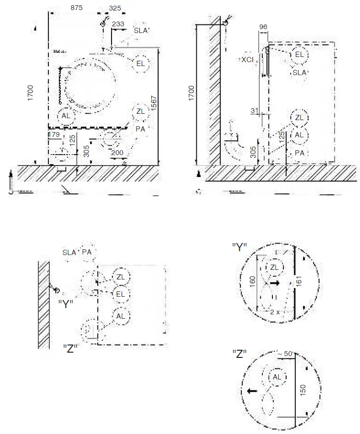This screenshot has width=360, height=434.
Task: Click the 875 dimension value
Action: (x=78, y=8)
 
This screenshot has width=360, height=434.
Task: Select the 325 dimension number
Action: (x=115, y=8)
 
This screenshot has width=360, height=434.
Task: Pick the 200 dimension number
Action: (x=117, y=153)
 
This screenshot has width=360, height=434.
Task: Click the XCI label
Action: (x=247, y=60)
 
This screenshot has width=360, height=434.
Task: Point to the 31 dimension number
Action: (x=254, y=111)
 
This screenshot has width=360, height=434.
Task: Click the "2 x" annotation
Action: (x=274, y=312)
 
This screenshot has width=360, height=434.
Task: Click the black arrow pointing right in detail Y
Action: (x=274, y=283)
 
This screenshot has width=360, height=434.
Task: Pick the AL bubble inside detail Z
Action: (x=277, y=377)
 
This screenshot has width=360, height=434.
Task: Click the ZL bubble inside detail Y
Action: (x=274, y=267)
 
